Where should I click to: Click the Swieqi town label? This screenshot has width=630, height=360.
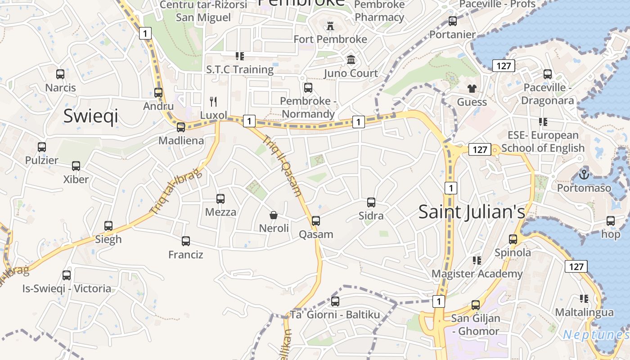click(x=90, y=116)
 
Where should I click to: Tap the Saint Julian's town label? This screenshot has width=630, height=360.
click(x=472, y=211)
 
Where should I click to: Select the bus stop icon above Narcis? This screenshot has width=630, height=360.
click(x=60, y=74)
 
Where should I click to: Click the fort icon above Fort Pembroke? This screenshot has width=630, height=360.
click(x=330, y=26)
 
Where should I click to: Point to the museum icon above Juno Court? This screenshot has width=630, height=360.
click(x=351, y=59)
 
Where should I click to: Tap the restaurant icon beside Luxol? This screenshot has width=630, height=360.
click(x=213, y=102)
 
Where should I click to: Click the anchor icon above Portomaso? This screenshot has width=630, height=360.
click(x=584, y=174)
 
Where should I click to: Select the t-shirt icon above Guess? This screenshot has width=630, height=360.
click(x=472, y=88)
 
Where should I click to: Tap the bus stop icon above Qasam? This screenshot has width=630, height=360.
click(x=316, y=220)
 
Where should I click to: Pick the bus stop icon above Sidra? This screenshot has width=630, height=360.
click(x=371, y=202)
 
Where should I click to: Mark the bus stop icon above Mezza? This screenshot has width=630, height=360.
click(x=220, y=198)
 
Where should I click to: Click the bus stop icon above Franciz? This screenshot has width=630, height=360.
click(x=186, y=241)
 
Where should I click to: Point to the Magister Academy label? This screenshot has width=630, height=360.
click(x=477, y=274)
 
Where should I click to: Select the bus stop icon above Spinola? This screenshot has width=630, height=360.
click(x=513, y=239)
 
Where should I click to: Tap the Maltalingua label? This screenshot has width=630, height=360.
click(x=584, y=312)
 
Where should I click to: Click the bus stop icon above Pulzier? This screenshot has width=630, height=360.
click(x=42, y=147)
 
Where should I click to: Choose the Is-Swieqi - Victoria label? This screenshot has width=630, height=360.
click(x=67, y=288)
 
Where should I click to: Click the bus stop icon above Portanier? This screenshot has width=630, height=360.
click(x=453, y=21)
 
